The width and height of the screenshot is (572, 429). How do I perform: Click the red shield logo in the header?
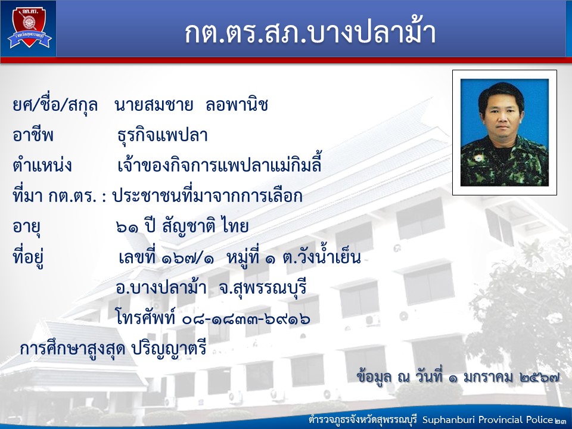click(29, 27)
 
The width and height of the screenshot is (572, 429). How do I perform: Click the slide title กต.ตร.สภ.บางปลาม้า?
click(310, 32)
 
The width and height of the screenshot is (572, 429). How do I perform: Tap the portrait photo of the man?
click(505, 132)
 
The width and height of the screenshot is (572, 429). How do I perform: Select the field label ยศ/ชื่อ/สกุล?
click(55, 105)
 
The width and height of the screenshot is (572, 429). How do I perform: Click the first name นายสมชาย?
click(154, 105)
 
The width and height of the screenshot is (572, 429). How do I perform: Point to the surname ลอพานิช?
click(237, 105)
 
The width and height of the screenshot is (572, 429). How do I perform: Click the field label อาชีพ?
click(33, 135)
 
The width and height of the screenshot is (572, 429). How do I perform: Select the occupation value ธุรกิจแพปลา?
click(163, 136)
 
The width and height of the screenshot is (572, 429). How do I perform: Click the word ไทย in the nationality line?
click(235, 226)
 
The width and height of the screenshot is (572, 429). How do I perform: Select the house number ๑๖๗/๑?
click(188, 258)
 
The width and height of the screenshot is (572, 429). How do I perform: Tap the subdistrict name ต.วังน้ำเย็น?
click(322, 257)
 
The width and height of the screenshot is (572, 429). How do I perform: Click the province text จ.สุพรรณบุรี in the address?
click(263, 288)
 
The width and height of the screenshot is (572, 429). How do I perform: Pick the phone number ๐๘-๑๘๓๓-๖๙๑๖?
click(246, 319)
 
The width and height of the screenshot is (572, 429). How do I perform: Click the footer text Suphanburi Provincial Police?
click(487, 420)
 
